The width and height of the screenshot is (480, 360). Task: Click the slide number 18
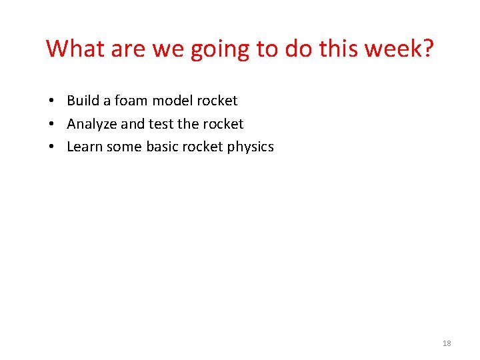(x=446, y=343)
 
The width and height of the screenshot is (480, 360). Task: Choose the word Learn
(x=84, y=147)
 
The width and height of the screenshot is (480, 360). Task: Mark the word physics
(x=250, y=147)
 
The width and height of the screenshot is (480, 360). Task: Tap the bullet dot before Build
(x=51, y=101)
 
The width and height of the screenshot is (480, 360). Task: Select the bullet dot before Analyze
(x=51, y=125)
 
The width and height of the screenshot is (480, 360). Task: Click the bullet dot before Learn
(x=51, y=147)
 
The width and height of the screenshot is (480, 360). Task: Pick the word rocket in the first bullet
(x=215, y=101)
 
